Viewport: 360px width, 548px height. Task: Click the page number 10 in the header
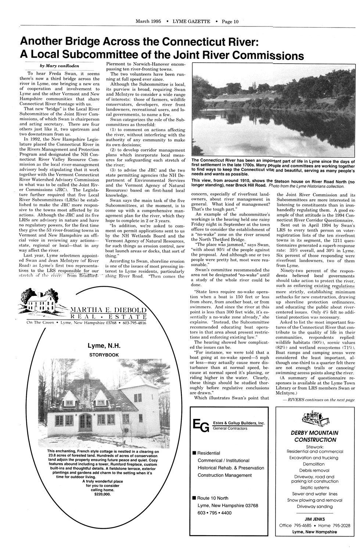coord(235,21)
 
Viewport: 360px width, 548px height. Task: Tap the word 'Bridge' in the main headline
coord(83,41)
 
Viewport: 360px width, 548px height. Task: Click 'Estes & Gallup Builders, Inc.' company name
coord(239,423)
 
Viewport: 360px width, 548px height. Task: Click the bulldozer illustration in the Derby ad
coord(315,416)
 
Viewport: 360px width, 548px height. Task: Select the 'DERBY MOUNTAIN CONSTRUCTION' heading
coord(314,436)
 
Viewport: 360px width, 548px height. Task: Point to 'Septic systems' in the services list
coord(314,488)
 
